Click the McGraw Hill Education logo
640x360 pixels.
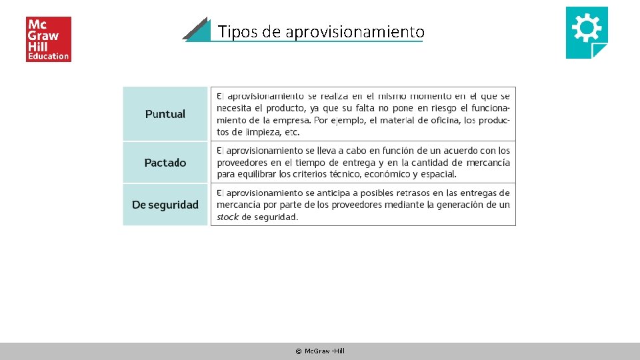(48, 39)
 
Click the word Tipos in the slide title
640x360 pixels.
(233, 32)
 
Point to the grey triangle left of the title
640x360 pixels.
(195, 31)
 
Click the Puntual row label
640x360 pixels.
(165, 114)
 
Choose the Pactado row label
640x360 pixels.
(165, 163)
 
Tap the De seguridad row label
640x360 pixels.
(165, 205)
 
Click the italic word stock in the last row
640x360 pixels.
(227, 217)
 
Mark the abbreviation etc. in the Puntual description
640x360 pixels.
(292, 132)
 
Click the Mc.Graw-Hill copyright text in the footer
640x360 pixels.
(320, 351)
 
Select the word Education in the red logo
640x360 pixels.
(48, 56)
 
